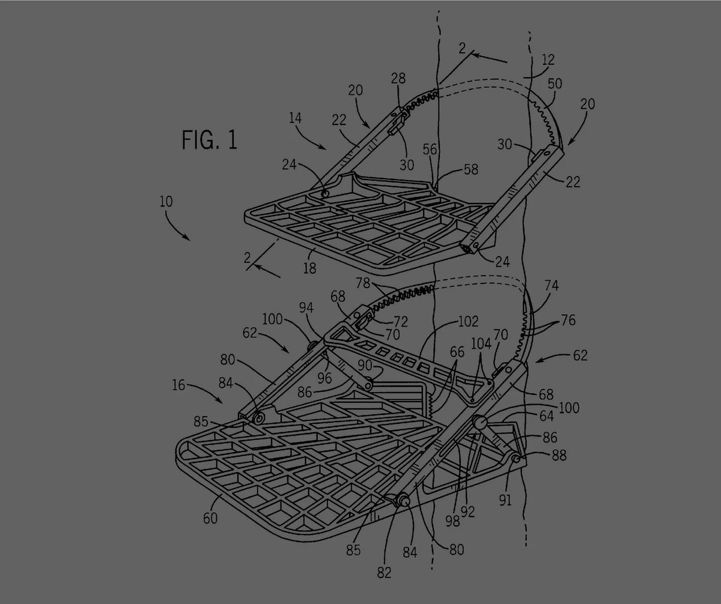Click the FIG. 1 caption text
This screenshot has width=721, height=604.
coord(209,140)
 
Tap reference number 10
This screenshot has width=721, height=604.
coord(166,201)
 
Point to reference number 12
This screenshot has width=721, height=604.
coord(547,60)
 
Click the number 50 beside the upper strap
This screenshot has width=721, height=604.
coord(555,83)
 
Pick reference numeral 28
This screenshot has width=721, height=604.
coord(398,79)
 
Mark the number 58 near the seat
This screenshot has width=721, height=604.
coord(470,170)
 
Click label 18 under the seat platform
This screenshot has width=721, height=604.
coord(309,268)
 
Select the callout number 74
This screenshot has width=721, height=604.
coord(551,286)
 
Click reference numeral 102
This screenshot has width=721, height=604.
coord(468,321)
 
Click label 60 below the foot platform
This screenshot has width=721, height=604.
coord(210,518)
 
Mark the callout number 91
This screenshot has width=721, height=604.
coord(506,500)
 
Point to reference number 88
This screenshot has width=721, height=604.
coord(558,456)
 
